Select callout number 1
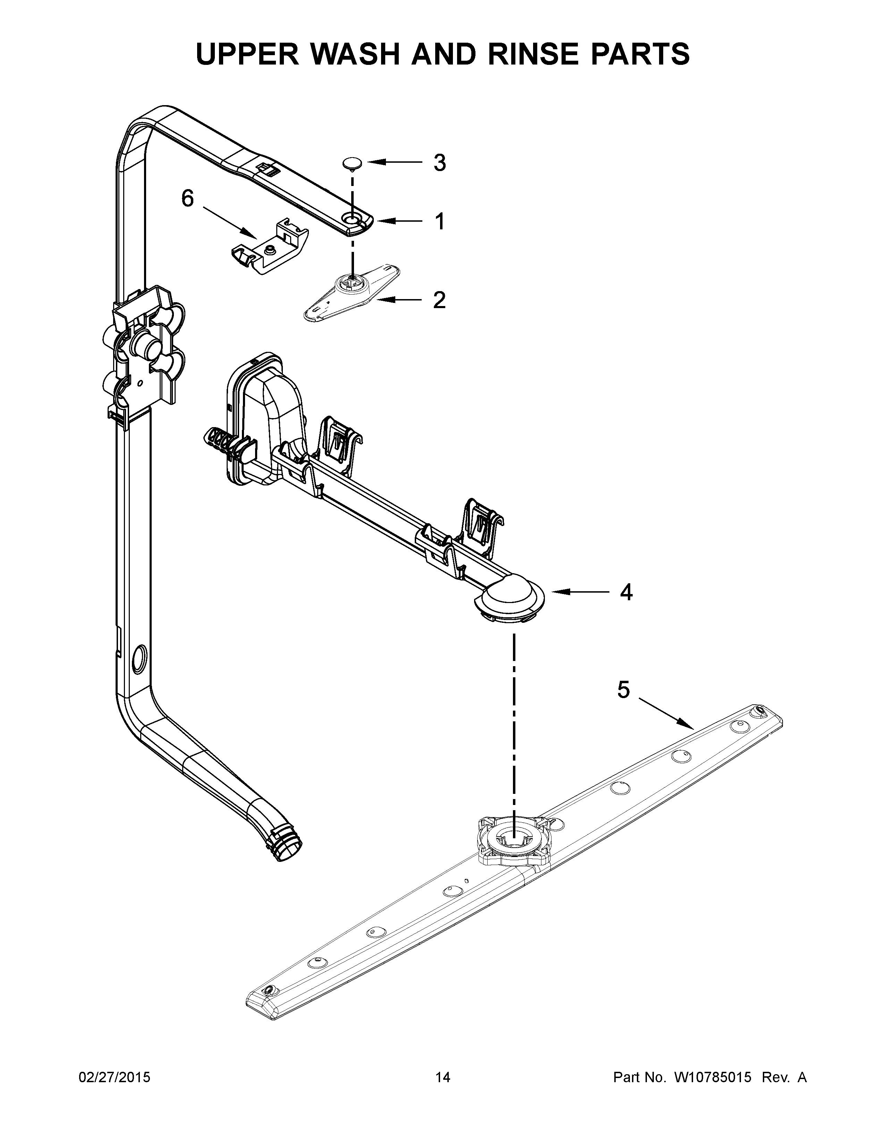[440, 221]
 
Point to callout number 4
[626, 592]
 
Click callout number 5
[623, 690]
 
